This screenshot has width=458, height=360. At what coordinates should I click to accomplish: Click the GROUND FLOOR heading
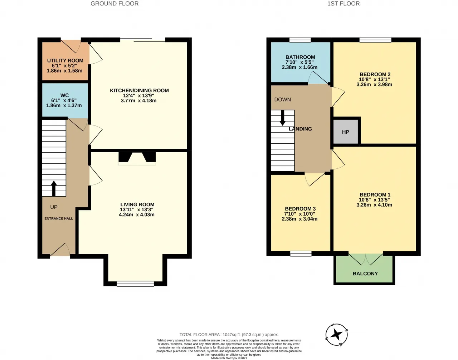click(114, 4)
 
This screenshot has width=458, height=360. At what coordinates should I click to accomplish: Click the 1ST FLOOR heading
click(343, 4)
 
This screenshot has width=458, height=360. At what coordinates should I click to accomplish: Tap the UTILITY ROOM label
click(65, 61)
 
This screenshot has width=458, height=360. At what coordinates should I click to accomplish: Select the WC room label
click(64, 95)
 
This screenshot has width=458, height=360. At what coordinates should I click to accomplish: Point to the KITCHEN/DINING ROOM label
click(139, 90)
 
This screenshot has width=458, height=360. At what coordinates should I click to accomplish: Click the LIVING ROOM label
click(137, 204)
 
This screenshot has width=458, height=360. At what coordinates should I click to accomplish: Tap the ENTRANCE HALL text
click(59, 218)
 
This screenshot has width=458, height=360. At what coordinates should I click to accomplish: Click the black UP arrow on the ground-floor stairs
click(54, 188)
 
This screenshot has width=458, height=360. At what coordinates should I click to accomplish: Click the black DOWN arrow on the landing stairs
click(282, 118)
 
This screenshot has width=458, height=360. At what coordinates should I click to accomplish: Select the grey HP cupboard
click(346, 132)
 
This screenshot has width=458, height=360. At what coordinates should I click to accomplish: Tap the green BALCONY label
click(365, 273)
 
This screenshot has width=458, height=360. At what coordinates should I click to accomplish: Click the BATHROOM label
click(300, 57)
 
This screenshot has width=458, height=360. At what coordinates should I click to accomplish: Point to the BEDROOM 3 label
click(300, 209)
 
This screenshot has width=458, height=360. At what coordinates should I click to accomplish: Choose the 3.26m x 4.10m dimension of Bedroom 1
click(374, 205)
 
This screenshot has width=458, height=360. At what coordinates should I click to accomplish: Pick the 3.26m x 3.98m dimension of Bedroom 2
click(374, 84)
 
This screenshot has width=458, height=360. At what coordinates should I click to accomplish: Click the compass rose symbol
click(336, 335)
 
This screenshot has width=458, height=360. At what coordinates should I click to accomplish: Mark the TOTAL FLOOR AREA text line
click(229, 335)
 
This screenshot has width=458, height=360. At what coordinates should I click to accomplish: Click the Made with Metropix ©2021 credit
click(229, 358)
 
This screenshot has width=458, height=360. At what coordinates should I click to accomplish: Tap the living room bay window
click(135, 284)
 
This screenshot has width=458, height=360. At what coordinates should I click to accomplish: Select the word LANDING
click(300, 129)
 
